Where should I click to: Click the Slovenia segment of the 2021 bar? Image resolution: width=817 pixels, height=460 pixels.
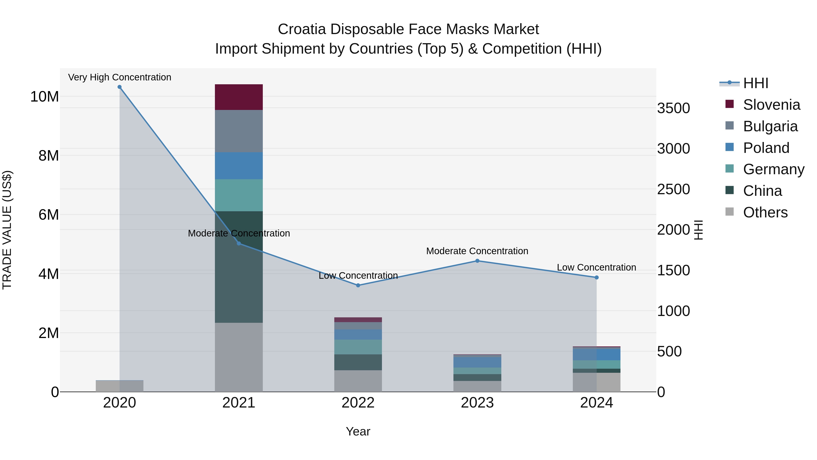pyautogui.click(x=239, y=97)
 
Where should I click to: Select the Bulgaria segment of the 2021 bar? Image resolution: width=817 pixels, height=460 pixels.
pyautogui.click(x=239, y=131)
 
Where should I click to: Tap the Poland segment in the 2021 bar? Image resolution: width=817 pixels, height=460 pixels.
pyautogui.click(x=239, y=166)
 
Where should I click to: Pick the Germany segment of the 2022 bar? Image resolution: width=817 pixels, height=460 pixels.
pyautogui.click(x=358, y=347)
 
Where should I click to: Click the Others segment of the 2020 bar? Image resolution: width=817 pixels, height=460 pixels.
pyautogui.click(x=120, y=386)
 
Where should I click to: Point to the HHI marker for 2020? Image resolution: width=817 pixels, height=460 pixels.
pyautogui.click(x=120, y=87)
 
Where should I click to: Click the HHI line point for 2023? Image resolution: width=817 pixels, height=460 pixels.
pyautogui.click(x=477, y=261)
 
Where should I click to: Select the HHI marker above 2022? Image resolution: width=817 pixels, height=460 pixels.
pyautogui.click(x=358, y=285)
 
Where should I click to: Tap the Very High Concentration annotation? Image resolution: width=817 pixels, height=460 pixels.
pyautogui.click(x=120, y=77)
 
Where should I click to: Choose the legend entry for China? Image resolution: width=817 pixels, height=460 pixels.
pyautogui.click(x=763, y=191)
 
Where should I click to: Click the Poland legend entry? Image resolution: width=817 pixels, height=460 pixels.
pyautogui.click(x=766, y=148)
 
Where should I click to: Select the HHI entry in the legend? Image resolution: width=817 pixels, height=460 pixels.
pyautogui.click(x=755, y=83)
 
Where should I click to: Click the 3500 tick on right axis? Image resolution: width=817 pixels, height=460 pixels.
pyautogui.click(x=673, y=108)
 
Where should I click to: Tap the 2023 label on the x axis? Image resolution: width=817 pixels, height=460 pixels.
pyautogui.click(x=477, y=403)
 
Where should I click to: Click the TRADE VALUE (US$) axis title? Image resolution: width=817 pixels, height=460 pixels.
pyautogui.click(x=7, y=230)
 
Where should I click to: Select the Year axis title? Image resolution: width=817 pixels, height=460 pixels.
pyautogui.click(x=358, y=431)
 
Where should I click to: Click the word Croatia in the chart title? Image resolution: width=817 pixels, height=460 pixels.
pyautogui.click(x=302, y=29)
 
